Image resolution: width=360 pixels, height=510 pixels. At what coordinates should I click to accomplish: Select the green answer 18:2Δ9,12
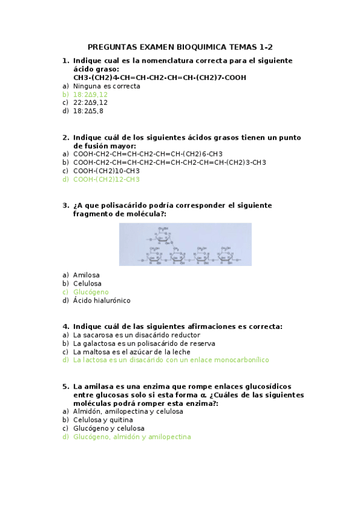(x=90, y=94)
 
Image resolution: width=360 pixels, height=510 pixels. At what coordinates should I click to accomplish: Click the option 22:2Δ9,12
(x=90, y=103)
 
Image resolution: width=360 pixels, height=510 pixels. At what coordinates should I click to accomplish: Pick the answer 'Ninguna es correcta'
(x=106, y=86)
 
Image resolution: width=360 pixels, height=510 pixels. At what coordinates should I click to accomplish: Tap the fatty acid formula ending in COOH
(x=159, y=78)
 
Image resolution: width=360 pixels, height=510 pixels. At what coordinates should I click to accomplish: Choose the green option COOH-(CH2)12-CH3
(x=106, y=179)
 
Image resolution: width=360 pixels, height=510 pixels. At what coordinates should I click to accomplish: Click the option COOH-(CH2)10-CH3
(x=106, y=171)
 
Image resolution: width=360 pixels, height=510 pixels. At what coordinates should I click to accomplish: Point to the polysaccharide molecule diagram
(x=185, y=244)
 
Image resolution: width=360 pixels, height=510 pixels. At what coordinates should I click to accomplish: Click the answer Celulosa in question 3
(x=87, y=283)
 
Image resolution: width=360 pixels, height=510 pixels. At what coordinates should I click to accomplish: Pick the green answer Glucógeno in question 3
(x=91, y=292)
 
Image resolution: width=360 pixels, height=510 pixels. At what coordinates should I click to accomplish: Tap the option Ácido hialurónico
(x=102, y=300)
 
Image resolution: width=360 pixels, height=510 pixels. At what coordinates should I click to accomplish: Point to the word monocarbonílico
(x=237, y=360)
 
